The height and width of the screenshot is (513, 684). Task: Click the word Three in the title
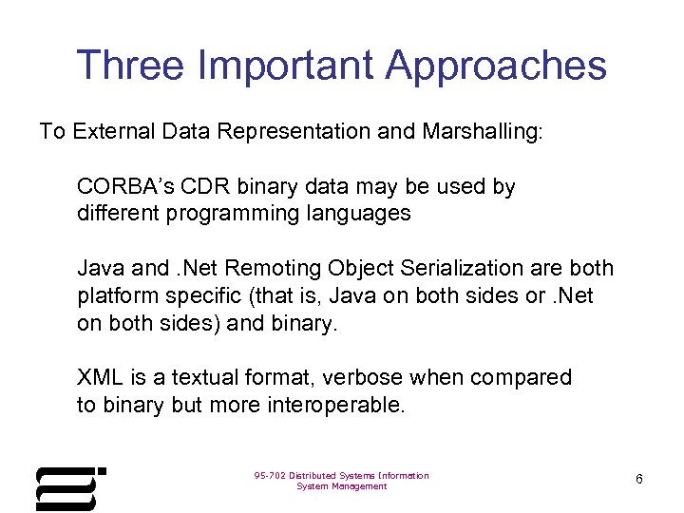[x=129, y=66]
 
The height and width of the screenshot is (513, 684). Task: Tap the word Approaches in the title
[x=496, y=66]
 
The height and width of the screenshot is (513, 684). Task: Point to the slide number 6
[x=639, y=479]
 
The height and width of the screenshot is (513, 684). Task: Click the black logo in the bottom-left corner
[x=69, y=488]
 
